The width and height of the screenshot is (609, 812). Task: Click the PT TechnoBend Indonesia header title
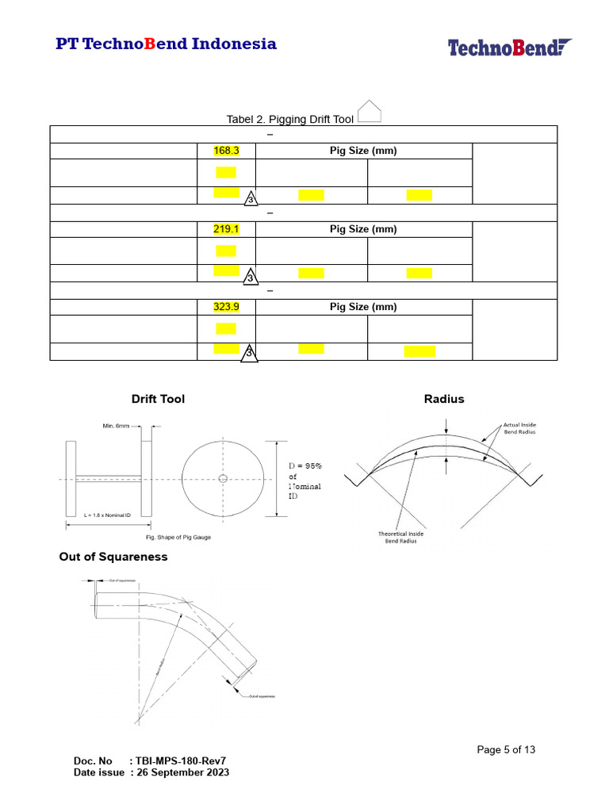pos(166,44)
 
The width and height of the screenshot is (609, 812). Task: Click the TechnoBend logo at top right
pos(510,48)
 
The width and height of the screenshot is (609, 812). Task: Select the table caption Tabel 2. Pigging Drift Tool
pos(290,119)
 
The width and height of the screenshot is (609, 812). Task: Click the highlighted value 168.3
pos(226,151)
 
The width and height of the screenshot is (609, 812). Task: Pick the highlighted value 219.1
pos(226,229)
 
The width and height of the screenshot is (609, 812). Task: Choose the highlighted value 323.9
pos(226,307)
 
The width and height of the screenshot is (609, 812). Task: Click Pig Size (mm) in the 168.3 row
pos(363,151)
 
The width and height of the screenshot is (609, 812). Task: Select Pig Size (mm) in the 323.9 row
pos(363,307)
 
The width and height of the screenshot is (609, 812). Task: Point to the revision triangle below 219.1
pos(250,278)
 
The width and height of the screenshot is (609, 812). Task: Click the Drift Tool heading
pos(158,399)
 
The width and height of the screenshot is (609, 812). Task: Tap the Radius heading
pos(444,399)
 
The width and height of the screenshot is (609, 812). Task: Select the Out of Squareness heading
pos(113,557)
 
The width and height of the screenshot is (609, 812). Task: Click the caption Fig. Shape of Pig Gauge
pos(173,538)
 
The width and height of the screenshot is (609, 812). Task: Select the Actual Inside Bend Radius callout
pos(519,429)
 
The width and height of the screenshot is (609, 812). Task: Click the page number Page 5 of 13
pos(506,749)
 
